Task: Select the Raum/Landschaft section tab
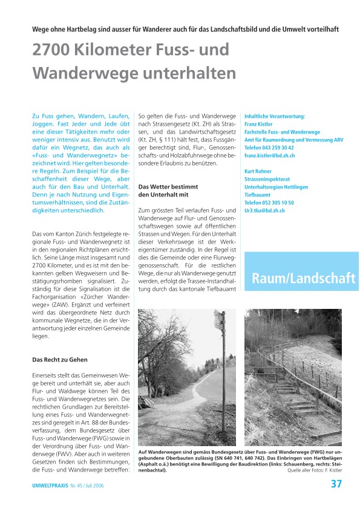(x=303, y=277)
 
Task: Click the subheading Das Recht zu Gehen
(x=60, y=360)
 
